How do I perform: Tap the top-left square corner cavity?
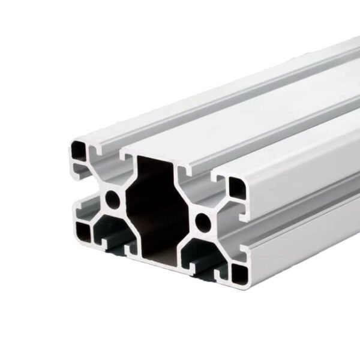coord(78,149)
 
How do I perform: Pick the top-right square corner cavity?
coord(236,190)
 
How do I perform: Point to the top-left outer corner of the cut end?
coord(70,139)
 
